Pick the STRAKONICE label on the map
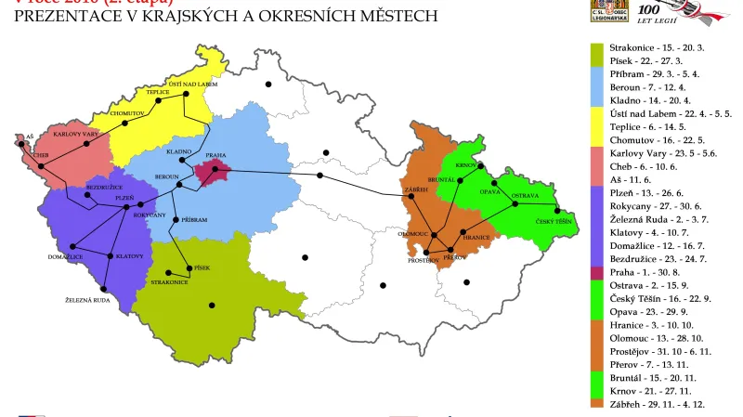[169, 281]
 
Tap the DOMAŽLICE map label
[64, 255]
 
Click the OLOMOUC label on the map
[412, 234]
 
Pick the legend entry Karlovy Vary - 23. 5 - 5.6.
[657, 152]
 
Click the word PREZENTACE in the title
[66, 16]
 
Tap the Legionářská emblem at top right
[606, 10]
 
